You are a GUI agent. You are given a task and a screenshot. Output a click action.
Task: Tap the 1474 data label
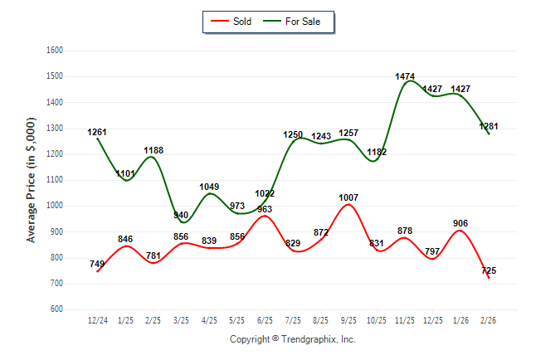[405, 76]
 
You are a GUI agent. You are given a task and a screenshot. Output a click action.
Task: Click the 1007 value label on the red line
[348, 197]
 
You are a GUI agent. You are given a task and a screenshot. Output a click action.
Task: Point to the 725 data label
[489, 270]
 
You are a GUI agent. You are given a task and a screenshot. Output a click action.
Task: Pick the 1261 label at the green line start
[97, 132]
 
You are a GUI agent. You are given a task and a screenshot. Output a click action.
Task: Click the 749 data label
[97, 264]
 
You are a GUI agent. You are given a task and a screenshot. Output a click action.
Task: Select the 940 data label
[181, 215]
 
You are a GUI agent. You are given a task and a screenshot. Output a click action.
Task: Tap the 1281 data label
[489, 126]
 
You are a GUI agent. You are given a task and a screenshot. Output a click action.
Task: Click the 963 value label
[265, 209]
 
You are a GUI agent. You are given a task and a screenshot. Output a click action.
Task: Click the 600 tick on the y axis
[57, 309]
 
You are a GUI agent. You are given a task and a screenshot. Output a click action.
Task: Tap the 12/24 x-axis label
[97, 319]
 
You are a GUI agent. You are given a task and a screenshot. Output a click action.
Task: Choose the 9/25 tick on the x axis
[349, 319]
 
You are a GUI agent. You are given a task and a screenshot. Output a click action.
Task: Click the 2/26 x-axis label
[490, 319]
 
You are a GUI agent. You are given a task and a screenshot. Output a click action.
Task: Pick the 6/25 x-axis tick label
[266, 319]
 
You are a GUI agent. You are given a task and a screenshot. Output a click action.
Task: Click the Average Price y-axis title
[32, 179]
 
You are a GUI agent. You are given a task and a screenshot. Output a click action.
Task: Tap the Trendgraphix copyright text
[292, 339]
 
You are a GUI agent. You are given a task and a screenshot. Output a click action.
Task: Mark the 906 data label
[461, 222]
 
